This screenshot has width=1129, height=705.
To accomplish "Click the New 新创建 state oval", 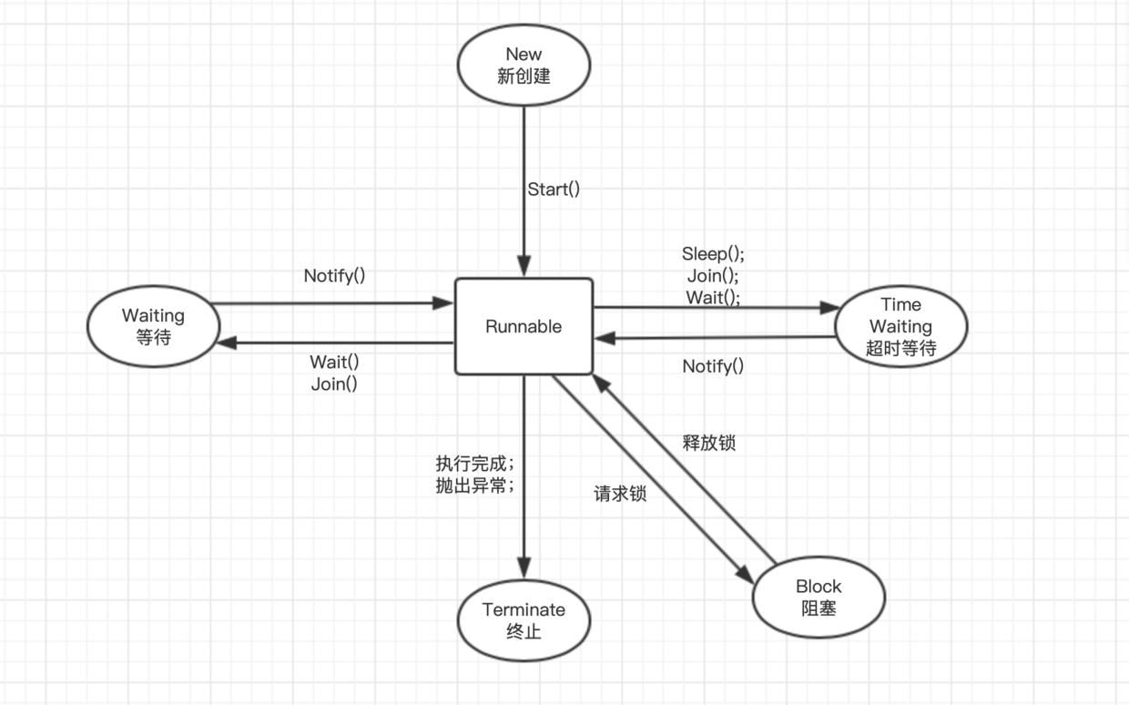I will point(524,65).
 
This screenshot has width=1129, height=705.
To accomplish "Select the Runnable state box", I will point(524,326).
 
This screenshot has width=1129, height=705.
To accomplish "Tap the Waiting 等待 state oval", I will point(153,326).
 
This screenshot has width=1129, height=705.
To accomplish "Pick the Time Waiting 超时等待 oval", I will point(900,326).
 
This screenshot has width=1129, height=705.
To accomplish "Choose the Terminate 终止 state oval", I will point(524,619).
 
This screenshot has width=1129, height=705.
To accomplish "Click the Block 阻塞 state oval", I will point(819,597).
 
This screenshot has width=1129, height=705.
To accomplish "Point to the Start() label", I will point(554,189).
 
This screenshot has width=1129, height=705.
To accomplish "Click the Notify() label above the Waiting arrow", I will point(334,275).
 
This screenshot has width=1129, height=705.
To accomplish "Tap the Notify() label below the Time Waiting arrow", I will point(713,366).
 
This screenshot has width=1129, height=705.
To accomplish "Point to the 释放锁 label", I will point(709,444).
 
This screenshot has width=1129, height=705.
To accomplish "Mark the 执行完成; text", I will point(475,462).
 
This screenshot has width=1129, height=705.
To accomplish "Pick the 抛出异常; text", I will point(475,485).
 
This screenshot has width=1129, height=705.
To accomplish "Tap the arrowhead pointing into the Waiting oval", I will point(224,342).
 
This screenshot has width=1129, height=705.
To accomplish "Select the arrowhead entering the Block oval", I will point(746,574).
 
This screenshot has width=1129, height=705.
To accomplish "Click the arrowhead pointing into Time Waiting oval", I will point(829,308).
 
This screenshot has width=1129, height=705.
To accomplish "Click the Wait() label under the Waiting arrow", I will point(334,362).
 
